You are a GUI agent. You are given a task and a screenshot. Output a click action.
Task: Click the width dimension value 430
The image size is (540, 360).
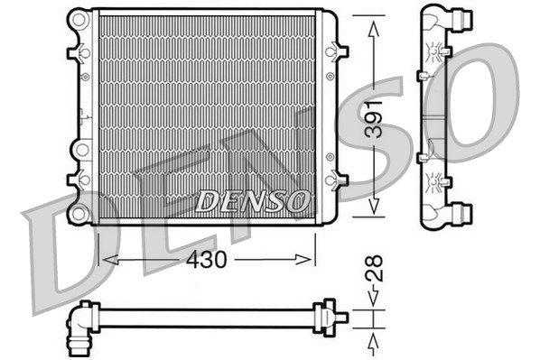[207, 259]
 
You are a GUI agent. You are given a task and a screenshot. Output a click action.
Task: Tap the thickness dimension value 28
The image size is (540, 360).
[374, 268]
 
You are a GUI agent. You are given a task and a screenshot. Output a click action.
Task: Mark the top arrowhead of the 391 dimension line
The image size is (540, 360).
[374, 23]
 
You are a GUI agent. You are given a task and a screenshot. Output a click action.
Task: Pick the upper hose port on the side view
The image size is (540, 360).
[463, 18]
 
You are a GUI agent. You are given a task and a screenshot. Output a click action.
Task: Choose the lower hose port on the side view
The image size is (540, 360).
[463, 214]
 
